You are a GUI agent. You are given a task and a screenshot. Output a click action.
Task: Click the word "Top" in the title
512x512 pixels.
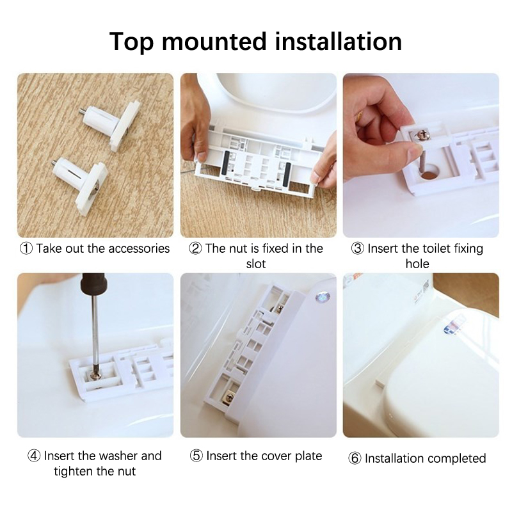(131, 42)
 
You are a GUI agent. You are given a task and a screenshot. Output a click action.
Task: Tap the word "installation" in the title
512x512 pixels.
(339, 41)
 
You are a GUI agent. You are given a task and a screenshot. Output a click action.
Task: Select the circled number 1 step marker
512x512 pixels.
(26, 248)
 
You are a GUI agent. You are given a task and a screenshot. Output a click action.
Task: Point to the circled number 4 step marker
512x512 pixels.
(34, 456)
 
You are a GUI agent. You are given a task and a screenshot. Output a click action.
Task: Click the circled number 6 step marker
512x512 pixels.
(355, 458)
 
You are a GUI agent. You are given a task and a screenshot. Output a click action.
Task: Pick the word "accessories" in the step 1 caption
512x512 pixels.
(139, 249)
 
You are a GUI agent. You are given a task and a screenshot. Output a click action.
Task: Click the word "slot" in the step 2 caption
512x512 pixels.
(256, 264)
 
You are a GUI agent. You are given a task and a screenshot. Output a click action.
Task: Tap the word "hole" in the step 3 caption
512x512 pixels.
(417, 264)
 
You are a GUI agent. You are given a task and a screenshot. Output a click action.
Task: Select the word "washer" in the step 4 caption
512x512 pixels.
(118, 456)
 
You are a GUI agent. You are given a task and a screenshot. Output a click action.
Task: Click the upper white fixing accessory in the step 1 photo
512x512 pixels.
(110, 124)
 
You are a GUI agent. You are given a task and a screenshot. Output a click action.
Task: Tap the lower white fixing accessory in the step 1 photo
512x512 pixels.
(81, 184)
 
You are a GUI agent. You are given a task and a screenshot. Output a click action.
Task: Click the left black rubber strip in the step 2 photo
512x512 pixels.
(225, 163)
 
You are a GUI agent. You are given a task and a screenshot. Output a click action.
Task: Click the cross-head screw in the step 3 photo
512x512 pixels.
(421, 134)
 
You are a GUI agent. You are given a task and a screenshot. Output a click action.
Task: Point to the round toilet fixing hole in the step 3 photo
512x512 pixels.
(429, 173)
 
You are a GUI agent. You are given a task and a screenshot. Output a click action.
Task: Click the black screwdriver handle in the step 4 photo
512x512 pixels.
(93, 284)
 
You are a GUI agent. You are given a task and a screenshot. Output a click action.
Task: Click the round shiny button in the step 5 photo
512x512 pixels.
(323, 297)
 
